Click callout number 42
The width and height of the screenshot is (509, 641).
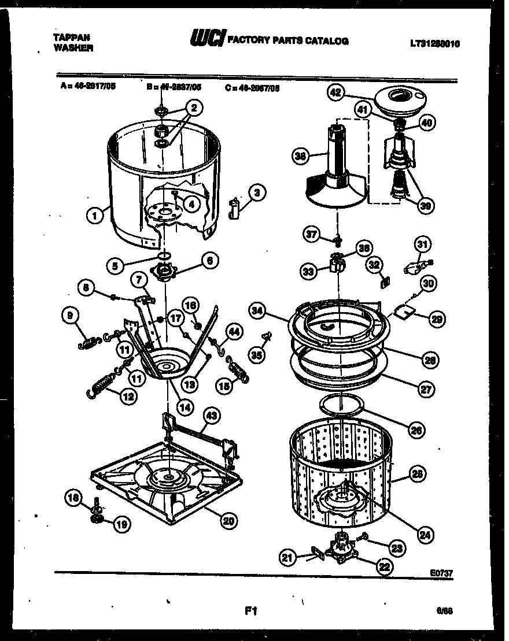(335, 92)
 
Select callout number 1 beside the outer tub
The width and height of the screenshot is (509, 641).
(93, 216)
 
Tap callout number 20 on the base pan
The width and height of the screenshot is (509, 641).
(228, 520)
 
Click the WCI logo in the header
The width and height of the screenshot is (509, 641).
(208, 39)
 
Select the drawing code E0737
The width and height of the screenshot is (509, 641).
(441, 573)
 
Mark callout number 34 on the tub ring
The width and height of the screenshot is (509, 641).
(257, 310)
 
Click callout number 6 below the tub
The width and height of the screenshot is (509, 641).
(209, 261)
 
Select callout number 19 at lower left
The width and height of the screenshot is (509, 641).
(121, 524)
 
